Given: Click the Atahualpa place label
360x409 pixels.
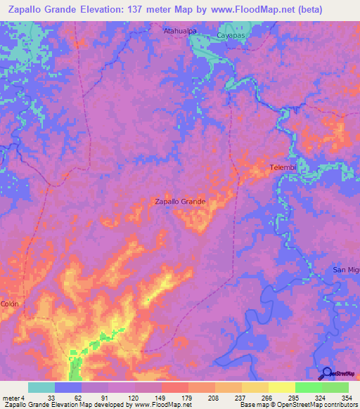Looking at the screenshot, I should coord(179,32).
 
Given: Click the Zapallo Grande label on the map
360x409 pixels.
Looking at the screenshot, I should coord(180,201).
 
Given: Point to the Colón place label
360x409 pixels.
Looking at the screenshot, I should coord(9,304).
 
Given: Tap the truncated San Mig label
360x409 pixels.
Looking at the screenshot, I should coord(346,271).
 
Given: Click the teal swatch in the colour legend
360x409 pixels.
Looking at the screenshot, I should coord(41,388).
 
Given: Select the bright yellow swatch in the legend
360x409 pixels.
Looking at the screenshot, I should coord(281,388).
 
